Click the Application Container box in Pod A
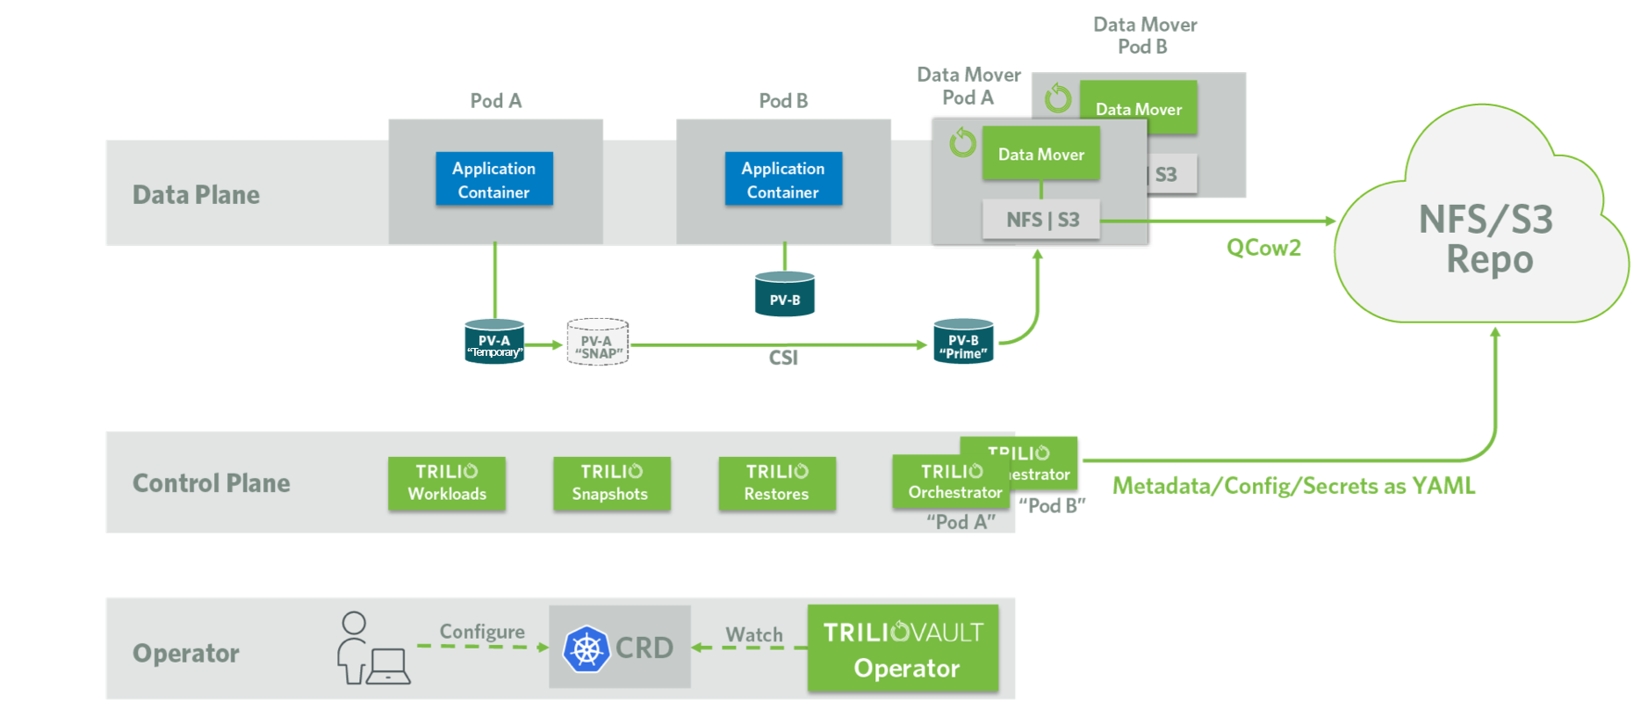(x=494, y=179)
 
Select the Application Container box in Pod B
(x=783, y=179)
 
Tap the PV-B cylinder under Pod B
(x=785, y=295)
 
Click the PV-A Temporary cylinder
(x=494, y=342)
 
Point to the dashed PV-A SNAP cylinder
(x=598, y=343)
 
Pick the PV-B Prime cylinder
(x=963, y=342)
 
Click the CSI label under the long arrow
(x=783, y=358)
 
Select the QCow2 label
(x=1263, y=248)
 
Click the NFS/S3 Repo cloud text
(x=1487, y=239)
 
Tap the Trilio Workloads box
(x=447, y=483)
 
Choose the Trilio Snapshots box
(x=611, y=483)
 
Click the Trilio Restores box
(x=777, y=483)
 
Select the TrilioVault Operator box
(x=903, y=649)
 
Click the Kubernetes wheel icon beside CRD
(x=586, y=649)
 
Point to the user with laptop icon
(x=371, y=649)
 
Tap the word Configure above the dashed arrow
(x=482, y=632)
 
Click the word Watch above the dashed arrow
(x=753, y=634)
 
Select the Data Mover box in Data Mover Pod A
(x=1040, y=154)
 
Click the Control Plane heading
(x=211, y=483)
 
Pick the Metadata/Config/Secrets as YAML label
(x=1293, y=486)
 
